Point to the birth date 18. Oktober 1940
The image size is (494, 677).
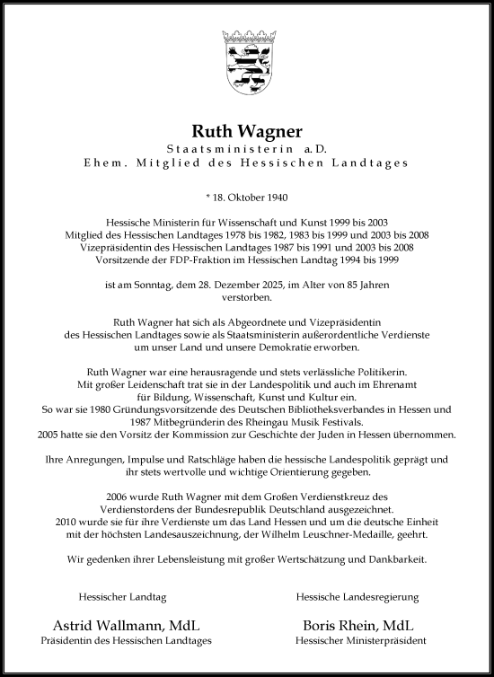coord(250,196)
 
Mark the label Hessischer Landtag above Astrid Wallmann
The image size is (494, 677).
coord(110,596)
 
